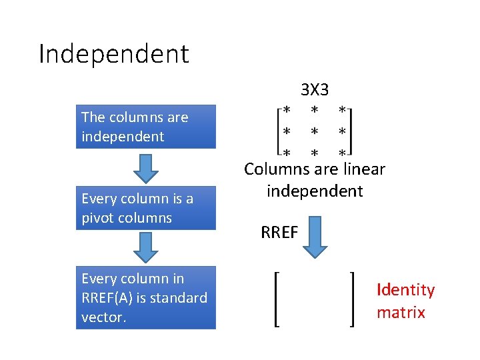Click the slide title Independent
(114, 54)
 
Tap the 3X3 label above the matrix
(314, 89)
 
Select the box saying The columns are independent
(145, 127)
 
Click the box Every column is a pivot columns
(145, 208)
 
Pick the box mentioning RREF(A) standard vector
(145, 297)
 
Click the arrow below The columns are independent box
(145, 167)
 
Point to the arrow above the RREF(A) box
(145, 247)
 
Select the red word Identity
(405, 290)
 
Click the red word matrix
(401, 312)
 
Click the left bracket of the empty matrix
(277, 298)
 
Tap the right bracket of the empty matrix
(351, 298)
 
